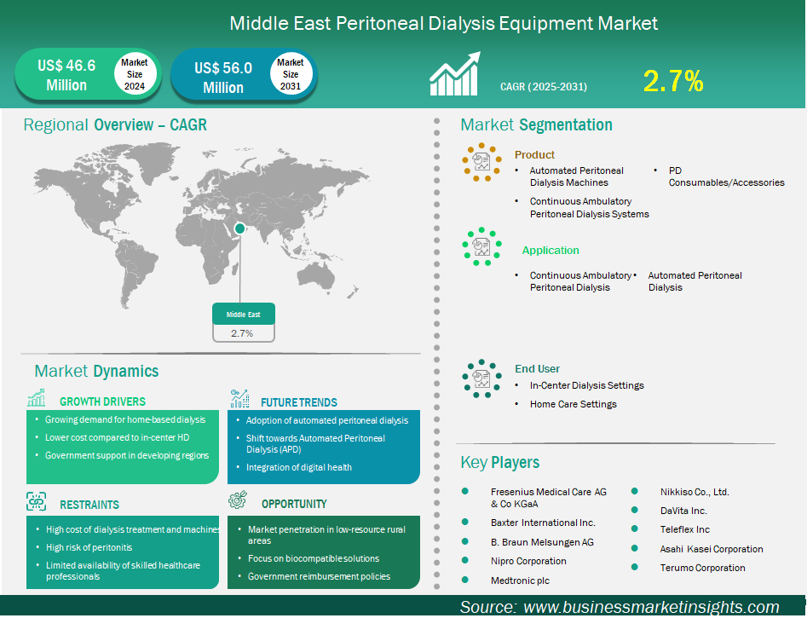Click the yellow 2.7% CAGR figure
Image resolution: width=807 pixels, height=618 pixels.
click(673, 81)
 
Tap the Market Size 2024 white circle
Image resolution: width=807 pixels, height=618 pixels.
click(135, 74)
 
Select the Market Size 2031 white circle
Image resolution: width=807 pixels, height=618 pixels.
click(291, 74)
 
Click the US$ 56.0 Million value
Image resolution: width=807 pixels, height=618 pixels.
click(223, 78)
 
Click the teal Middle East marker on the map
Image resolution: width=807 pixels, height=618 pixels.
click(239, 228)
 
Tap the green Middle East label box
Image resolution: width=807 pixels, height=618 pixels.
click(244, 314)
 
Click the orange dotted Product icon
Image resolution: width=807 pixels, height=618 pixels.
click(481, 162)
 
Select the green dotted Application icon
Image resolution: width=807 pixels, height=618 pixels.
click(481, 246)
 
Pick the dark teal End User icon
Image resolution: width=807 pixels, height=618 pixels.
click(481, 378)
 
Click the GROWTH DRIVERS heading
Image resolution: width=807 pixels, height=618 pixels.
click(102, 401)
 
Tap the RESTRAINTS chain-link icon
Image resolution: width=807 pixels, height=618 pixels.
click(36, 501)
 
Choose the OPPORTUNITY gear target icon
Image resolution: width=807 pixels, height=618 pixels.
click(238, 500)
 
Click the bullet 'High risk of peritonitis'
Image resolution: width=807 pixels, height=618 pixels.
click(89, 547)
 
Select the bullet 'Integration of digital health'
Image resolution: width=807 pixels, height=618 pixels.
click(298, 468)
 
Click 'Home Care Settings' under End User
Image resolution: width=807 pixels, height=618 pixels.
click(574, 404)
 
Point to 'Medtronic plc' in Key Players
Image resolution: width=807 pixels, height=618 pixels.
click(520, 580)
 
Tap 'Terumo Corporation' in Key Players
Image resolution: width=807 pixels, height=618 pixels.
click(702, 568)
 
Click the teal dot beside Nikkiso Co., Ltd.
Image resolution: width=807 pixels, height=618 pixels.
click(635, 491)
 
